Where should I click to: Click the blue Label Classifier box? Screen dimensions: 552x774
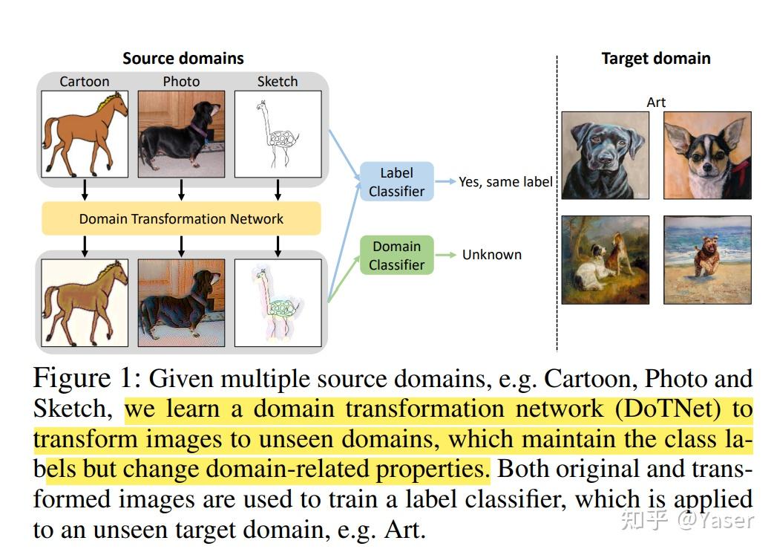pos(396,182)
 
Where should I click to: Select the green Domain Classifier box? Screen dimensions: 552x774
pos(396,256)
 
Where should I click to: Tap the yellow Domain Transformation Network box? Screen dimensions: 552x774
pos(181,218)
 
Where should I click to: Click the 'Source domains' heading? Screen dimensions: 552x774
pos(183,58)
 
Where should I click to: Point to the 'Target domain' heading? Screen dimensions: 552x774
pos(655,58)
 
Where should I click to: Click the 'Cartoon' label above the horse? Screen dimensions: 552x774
pos(85,82)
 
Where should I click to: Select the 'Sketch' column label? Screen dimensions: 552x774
pos(278,82)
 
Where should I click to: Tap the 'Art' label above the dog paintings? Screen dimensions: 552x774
pos(656,103)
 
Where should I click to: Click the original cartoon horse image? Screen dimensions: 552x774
pos(85,134)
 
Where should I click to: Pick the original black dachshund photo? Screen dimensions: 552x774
pos(181,134)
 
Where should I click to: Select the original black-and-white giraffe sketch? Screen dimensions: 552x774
pos(278,134)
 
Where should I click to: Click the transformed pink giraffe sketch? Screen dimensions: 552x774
pos(278,303)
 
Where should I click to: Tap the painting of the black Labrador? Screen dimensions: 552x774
pos(605,155)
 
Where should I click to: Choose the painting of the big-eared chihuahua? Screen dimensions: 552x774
pos(707,155)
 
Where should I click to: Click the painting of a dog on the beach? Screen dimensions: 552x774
pos(707,259)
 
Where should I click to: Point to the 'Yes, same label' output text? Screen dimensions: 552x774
pos(505,181)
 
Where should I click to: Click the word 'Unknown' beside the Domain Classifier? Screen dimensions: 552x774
pos(491,255)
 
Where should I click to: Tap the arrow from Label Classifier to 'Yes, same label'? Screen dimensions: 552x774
pos(445,181)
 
